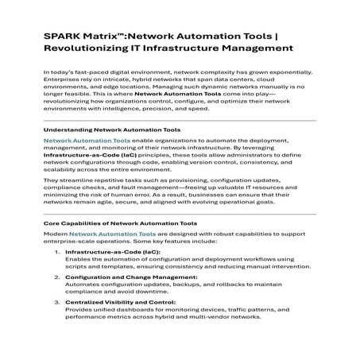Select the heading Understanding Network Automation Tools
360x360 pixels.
click(111, 129)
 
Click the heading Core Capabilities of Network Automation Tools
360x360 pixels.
click(119, 224)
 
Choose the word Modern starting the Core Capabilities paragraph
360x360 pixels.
click(55, 235)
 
